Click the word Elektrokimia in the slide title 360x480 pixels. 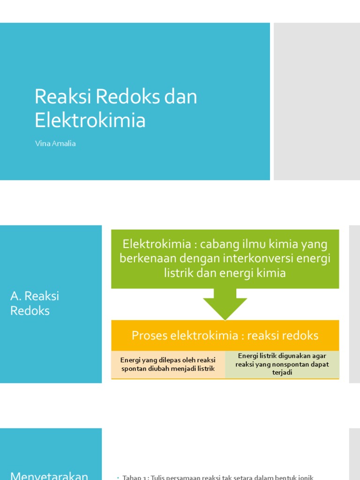[x=90, y=120]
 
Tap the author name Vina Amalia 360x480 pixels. [x=55, y=144]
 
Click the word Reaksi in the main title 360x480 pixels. [x=63, y=97]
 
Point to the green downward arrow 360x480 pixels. [x=225, y=304]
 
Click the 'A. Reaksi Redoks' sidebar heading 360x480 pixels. [x=35, y=303]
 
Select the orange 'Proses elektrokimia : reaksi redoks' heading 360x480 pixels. [x=225, y=336]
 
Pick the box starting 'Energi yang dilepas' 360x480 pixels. [x=168, y=364]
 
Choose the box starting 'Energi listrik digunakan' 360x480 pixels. [x=282, y=364]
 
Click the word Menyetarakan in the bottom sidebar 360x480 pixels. [x=49, y=475]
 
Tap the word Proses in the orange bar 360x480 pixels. [x=149, y=336]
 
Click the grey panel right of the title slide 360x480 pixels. [x=317, y=101]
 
